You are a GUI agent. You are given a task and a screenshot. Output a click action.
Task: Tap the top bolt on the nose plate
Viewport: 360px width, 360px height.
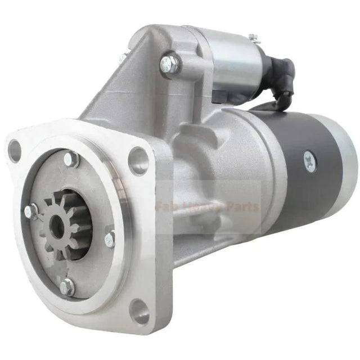tap(71, 159)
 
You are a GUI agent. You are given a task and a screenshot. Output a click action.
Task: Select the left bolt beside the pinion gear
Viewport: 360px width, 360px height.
tap(31, 212)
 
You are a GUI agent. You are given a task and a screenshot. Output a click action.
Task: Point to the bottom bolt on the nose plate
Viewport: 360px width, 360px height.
tap(67, 287)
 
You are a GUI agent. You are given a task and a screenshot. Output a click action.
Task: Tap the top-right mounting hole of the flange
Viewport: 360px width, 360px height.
tap(138, 160)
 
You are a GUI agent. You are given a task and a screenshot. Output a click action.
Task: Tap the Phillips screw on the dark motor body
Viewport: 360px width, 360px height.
tap(310, 161)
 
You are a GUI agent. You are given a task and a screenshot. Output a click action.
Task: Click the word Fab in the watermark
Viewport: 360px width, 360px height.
tap(168, 207)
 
